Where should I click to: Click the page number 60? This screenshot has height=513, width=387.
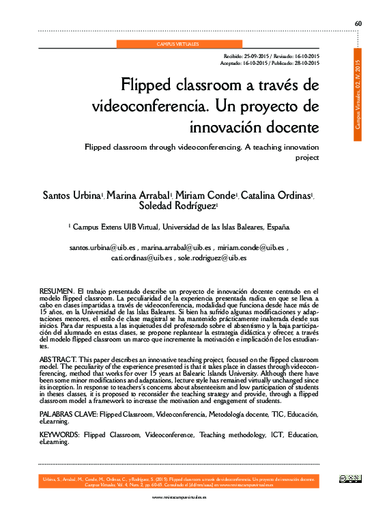pyautogui.click(x=358, y=24)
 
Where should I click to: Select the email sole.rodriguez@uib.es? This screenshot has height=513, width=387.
pyautogui.click(x=212, y=258)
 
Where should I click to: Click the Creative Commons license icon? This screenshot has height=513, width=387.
pyautogui.click(x=350, y=479)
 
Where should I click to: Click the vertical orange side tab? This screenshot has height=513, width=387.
pyautogui.click(x=358, y=96)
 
